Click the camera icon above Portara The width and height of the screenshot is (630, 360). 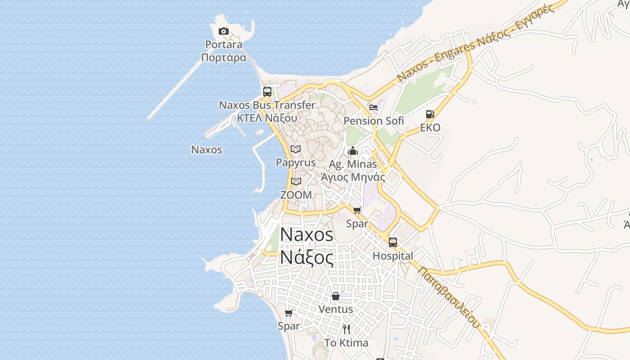coord(223,31)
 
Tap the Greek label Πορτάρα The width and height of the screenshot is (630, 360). coord(224,58)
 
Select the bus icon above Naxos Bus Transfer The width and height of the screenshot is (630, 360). coord(267,92)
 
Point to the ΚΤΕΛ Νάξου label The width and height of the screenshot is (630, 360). coord(267,118)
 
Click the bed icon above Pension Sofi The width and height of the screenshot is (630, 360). coord(373,108)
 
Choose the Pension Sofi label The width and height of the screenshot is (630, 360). coord(373,121)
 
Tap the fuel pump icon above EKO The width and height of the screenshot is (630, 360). coord(430,114)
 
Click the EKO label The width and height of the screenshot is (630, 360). coord(430,127)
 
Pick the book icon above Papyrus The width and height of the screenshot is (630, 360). coord(296,149)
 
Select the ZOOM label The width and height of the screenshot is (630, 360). coord(296,195)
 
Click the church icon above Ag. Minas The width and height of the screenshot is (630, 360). coord(353,151)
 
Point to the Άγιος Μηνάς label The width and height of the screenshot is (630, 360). coord(353,177)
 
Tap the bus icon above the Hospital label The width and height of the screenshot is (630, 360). coord(393,243)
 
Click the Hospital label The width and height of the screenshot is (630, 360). coord(393,256)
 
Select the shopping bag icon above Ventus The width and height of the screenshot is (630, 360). coord(336,296)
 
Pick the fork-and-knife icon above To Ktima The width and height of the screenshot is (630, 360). coord(346,329)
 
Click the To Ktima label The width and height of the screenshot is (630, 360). coord(346,343)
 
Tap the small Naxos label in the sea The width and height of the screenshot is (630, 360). coord(207,149)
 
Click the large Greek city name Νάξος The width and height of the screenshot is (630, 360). coord(307,258)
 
